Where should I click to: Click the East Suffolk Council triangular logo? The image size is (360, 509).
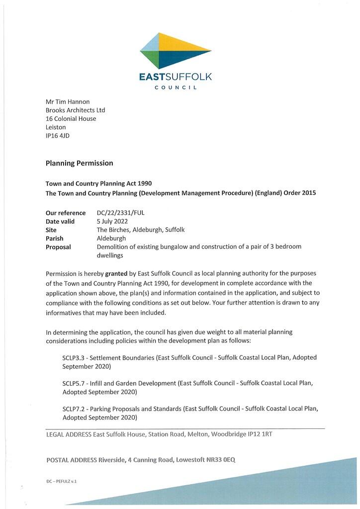coord(175,51)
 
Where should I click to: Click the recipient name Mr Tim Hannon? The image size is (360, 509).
coord(67,101)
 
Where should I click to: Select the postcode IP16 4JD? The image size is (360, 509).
coord(58,136)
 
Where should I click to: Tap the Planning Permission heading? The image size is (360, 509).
coord(79,163)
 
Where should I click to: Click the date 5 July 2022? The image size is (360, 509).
coord(112,221)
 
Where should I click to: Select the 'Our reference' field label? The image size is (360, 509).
coord(66,213)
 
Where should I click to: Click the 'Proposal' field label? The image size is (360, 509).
coord(58,247)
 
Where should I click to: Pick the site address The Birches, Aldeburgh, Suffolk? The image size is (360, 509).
coord(141,230)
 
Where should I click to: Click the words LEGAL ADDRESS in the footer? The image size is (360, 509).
coord(69,434)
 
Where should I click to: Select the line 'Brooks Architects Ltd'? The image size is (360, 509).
coord(75,110)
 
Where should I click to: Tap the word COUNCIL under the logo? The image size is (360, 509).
coord(176,88)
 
